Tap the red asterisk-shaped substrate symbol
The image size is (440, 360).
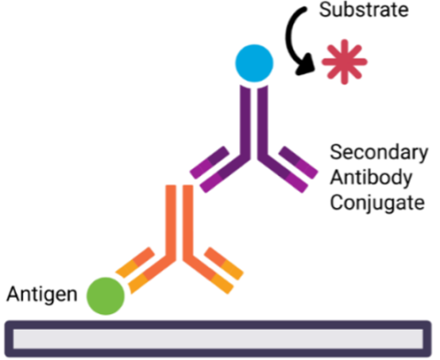click(345, 63)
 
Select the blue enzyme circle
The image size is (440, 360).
click(254, 63)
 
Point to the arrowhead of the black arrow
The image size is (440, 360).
click(305, 68)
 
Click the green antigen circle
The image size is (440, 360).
click(105, 295)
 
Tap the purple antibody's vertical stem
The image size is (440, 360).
click(254, 119)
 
